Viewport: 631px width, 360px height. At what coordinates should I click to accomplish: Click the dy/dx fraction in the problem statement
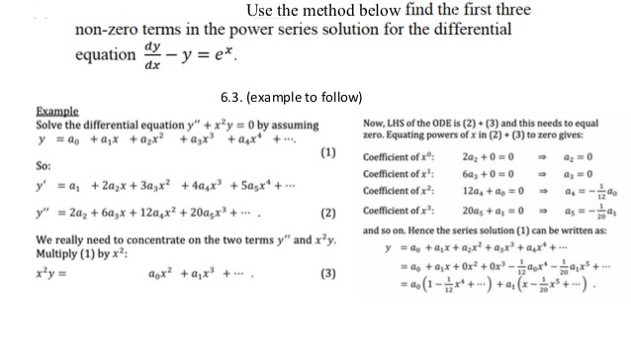tap(152, 55)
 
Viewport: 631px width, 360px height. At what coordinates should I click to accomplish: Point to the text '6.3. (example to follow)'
tap(291, 96)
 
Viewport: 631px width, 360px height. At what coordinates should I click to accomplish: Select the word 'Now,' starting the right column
tap(378, 122)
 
